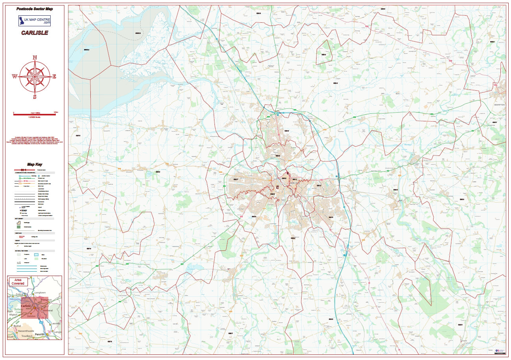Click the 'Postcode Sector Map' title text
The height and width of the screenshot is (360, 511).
pos(35,9)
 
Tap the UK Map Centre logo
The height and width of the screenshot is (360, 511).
pos(35,21)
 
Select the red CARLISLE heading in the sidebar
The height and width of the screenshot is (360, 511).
pos(35,33)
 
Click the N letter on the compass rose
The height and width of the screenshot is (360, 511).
pos(35,58)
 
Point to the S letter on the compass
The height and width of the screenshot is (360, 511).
pos(35,97)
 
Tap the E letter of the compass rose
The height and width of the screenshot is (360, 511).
pos(54,77)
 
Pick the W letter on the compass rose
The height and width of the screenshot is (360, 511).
pos(15,77)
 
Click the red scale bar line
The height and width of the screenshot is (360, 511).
pos(35,115)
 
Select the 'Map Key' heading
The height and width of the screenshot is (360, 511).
pos(35,164)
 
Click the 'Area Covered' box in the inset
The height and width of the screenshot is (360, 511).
pos(18,281)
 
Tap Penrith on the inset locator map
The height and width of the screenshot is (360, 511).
pos(40,334)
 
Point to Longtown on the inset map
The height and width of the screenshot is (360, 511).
pos(40,292)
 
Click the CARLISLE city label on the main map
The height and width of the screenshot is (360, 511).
pos(295,183)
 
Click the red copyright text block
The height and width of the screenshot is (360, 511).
pos(35,141)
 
